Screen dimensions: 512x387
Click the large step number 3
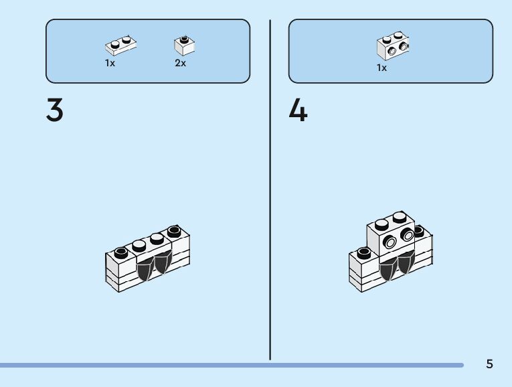click(55, 110)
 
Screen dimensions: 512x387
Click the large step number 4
click(298, 110)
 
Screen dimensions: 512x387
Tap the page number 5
click(489, 364)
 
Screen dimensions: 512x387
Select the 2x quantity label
click(181, 63)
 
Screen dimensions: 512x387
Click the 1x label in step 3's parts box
click(110, 63)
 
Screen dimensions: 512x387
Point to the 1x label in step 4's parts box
click(381, 68)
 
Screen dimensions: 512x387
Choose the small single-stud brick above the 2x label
click(184, 45)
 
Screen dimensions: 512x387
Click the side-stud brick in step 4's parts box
click(393, 46)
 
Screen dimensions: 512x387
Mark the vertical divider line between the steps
click(270, 187)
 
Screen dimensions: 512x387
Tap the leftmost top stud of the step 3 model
click(120, 252)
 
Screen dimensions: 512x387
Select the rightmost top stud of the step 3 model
click(174, 232)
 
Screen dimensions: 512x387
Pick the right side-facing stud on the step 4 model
click(406, 234)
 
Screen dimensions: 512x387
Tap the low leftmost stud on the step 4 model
click(363, 253)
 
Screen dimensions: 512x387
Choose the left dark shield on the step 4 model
click(388, 270)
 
